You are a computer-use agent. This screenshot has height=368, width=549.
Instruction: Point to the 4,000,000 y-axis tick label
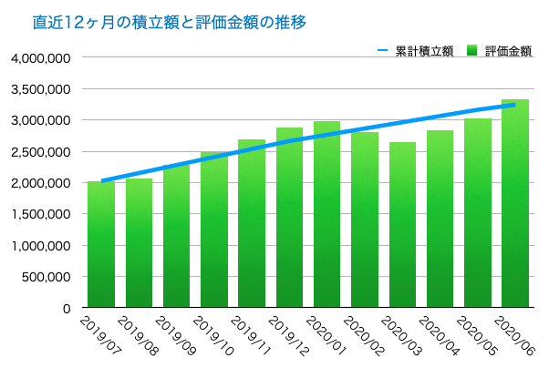click(41, 57)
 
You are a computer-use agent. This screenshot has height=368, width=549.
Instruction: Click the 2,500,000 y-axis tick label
click(41, 152)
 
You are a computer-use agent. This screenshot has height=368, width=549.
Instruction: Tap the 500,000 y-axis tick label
click(47, 278)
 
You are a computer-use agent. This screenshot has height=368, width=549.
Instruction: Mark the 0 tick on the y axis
click(67, 310)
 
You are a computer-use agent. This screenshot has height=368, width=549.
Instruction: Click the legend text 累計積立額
click(424, 51)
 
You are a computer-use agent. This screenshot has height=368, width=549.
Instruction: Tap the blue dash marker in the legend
click(383, 51)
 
